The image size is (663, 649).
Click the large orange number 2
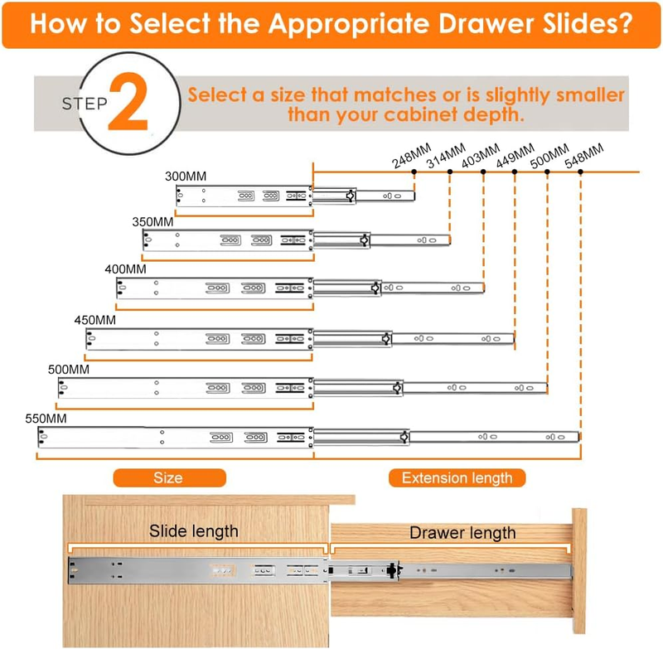point(128,101)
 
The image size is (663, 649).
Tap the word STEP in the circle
point(85,104)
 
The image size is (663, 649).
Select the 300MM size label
point(186,177)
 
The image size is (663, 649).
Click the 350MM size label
point(152,222)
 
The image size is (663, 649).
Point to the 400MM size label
point(126,269)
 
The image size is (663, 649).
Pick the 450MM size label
point(95,320)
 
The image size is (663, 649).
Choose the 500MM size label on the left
point(69,370)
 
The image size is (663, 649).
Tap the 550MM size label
point(46,419)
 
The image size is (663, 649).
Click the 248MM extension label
point(411,156)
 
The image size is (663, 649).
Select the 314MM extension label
point(446,156)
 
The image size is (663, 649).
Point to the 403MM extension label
point(481,156)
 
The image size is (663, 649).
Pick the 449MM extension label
point(515,156)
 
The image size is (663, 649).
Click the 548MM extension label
point(584,156)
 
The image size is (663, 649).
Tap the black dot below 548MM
point(581,172)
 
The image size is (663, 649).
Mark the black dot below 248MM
point(414,172)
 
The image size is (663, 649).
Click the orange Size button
point(170,477)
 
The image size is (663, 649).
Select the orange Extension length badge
point(457,477)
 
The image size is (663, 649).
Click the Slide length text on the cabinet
point(194,531)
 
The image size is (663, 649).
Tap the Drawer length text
point(462,533)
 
